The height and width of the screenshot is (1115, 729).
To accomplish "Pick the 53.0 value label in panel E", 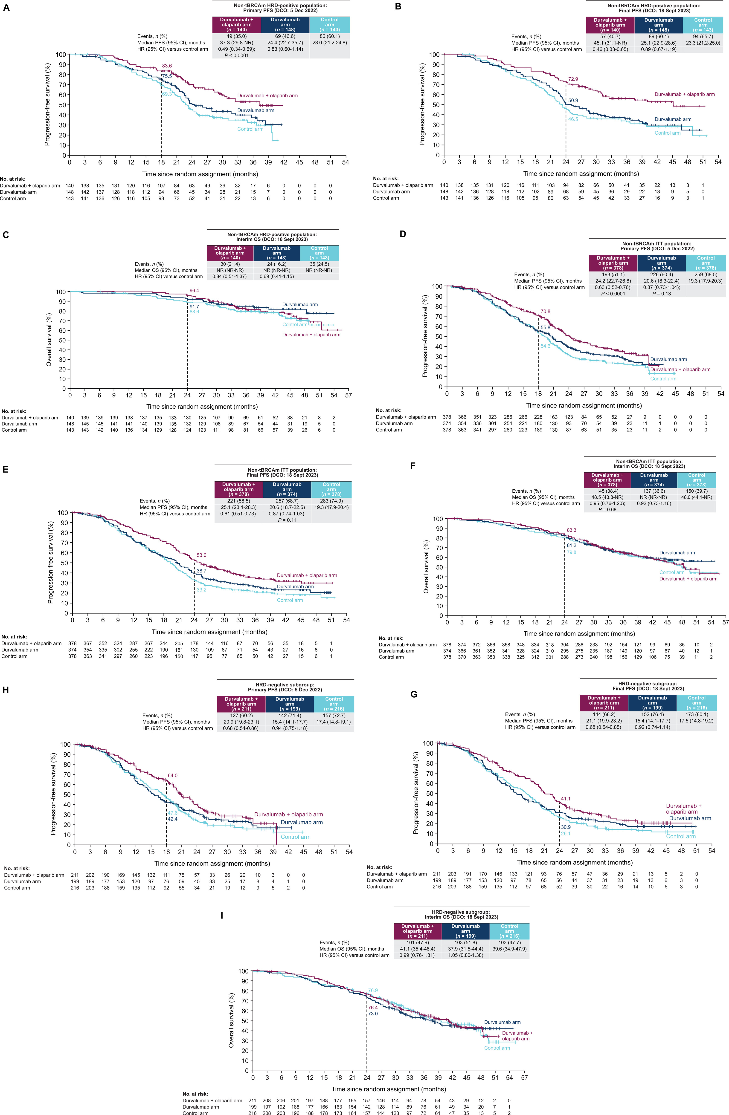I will tap(201, 555).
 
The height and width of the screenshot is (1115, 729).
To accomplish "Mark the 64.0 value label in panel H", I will tap(172, 775).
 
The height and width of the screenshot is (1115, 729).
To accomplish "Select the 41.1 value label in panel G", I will tap(565, 798).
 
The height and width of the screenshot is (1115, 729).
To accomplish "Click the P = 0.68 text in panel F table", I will tap(607, 509).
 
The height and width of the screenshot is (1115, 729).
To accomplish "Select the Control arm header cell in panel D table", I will tap(706, 263).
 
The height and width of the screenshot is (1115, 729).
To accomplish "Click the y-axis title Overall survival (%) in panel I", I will tap(231, 1026).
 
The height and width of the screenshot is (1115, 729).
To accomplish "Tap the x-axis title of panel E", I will tap(209, 632).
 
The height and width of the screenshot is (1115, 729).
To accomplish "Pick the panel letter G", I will tap(413, 694).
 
